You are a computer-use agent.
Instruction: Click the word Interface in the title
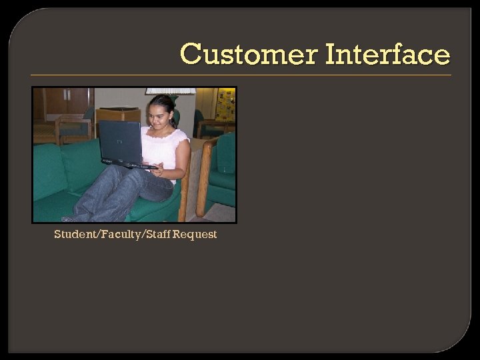coord(388,54)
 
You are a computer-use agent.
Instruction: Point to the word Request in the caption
coord(195,235)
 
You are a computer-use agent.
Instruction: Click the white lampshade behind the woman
coord(171,91)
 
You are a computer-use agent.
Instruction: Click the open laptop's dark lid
coord(121,141)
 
